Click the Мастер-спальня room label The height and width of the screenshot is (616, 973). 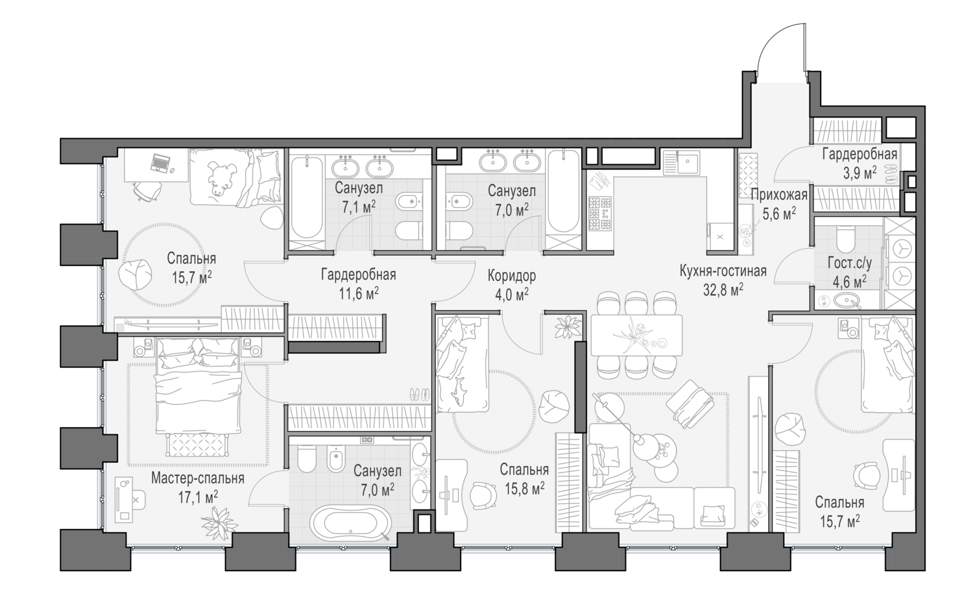[197, 478]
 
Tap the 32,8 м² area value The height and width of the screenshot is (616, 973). [723, 288]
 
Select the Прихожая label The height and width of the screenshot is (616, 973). [779, 195]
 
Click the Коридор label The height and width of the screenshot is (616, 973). [512, 276]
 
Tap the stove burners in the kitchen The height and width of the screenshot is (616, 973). [599, 212]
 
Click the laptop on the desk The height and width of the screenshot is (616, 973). [160, 164]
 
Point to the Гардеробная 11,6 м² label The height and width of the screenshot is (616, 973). [358, 284]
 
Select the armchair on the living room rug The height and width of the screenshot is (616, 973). [688, 399]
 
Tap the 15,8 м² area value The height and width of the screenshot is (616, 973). [523, 486]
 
